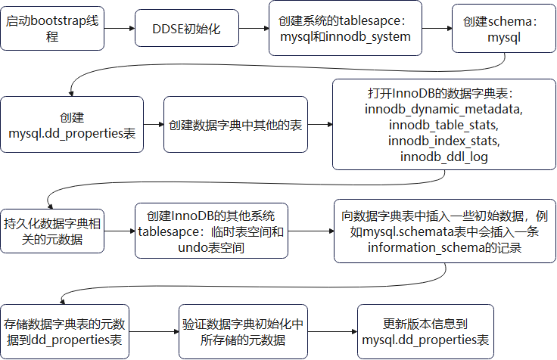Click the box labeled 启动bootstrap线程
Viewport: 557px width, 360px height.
pyautogui.click(x=52, y=29)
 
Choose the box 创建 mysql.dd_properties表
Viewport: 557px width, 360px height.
pyautogui.click(x=71, y=126)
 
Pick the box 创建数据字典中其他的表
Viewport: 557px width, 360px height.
pyautogui.click(x=235, y=126)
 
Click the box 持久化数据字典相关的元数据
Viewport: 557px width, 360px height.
pyautogui.click(x=52, y=231)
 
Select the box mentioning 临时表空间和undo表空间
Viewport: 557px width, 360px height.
pyautogui.click(x=211, y=231)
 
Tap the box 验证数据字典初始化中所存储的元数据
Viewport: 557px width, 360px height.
pyautogui.click(x=242, y=331)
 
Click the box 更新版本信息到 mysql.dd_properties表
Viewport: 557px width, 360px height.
pyautogui.click(x=425, y=331)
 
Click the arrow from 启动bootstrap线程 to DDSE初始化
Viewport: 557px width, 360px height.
pyautogui.click(x=120, y=29)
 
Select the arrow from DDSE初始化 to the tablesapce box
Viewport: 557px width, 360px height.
pyautogui.click(x=255, y=29)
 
